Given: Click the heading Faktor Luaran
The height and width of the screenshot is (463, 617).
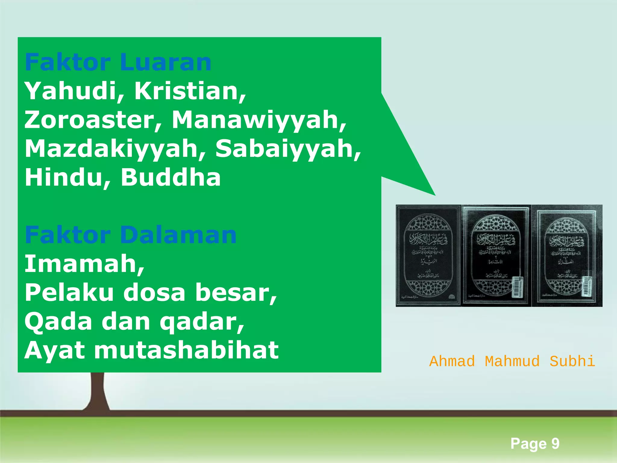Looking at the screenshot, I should coord(118,62).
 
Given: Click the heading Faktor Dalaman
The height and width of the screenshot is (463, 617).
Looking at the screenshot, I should coord(130,235).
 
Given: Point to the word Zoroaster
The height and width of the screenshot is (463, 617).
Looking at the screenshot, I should coord(93,120).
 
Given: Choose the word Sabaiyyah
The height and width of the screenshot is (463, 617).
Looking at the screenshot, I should coord(288,149).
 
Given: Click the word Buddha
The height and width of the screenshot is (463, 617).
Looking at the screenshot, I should coord(171,177).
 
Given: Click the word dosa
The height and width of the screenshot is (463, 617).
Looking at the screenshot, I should coord(154,292).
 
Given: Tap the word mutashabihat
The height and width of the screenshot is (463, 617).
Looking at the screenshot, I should coord(186,350).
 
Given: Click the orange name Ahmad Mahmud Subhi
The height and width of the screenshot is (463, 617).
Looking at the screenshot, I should coord(512,361).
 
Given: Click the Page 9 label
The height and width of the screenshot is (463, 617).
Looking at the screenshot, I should coord(535,443).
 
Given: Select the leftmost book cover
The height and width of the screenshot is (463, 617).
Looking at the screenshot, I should coord(428,256).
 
